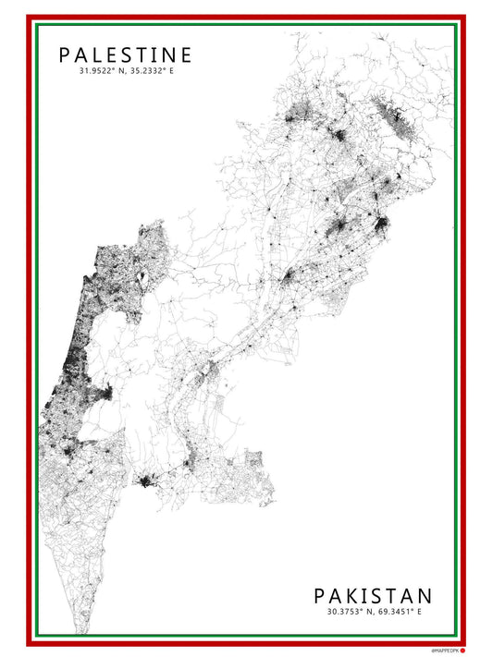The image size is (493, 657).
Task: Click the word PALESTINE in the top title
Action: [126, 55]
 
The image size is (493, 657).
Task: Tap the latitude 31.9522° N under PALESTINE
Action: [102, 71]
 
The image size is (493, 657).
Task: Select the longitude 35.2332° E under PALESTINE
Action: [151, 71]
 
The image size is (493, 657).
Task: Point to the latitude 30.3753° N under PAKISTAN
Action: [349, 611]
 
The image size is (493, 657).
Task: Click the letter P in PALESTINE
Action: [65, 55]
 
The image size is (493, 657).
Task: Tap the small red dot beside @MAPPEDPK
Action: [462, 650]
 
